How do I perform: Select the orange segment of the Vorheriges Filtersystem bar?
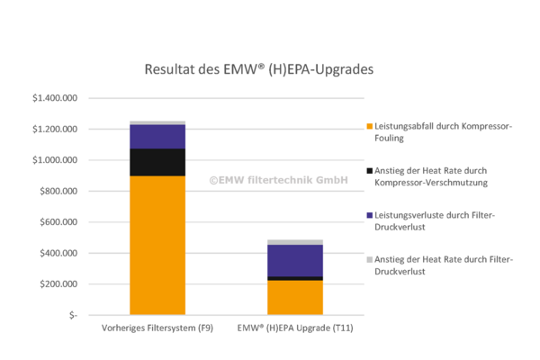[157, 243]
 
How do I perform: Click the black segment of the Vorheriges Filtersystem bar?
[157, 162]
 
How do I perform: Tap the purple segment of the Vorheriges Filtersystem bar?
[157, 136]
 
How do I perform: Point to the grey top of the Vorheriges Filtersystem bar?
[157, 122]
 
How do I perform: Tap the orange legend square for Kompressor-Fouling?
[370, 126]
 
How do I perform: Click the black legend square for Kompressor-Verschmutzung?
[370, 170]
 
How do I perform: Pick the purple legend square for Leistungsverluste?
[370, 214]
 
